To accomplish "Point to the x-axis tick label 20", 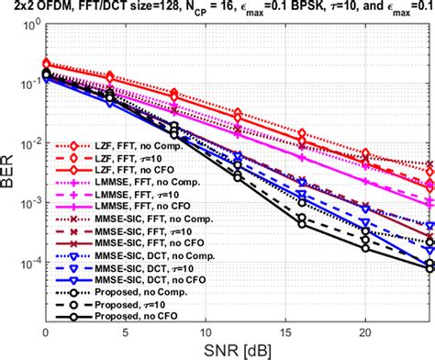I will (364, 332).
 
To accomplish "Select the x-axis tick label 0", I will (46, 332).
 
